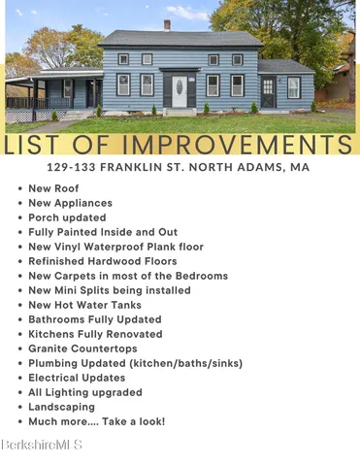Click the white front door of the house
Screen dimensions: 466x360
coord(179,91)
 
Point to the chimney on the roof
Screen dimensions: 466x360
coord(167,25)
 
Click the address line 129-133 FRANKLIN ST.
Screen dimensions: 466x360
coord(180,166)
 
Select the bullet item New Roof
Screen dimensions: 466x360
coord(54,188)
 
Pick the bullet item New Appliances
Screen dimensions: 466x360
coord(70,203)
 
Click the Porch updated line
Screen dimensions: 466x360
coord(67,217)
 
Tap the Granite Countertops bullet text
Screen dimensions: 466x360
coord(82,349)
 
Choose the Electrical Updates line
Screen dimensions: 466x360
coord(79,378)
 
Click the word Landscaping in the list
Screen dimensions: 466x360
coord(61,407)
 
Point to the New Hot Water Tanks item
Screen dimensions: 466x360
coord(84,305)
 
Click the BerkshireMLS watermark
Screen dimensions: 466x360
coord(42,445)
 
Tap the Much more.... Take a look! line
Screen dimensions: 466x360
coord(97,421)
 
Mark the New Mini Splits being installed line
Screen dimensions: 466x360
coord(108,290)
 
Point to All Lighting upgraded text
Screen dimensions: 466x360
coord(85,392)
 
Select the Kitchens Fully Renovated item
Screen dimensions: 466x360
coord(95,334)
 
